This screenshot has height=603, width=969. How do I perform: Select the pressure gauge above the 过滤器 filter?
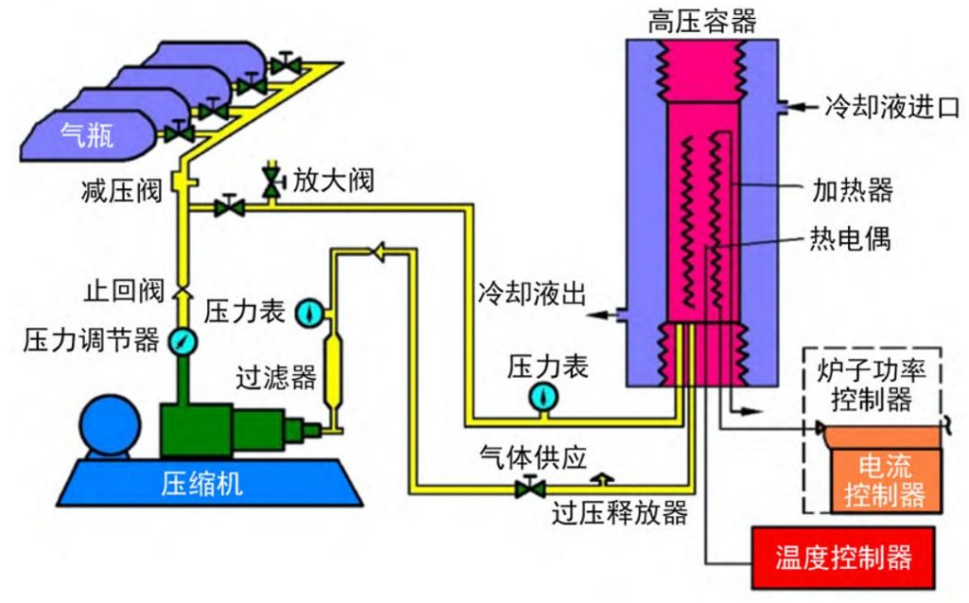click(309, 310)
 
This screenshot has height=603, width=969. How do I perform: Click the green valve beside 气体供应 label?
click(530, 488)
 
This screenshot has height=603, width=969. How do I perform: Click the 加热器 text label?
click(853, 190)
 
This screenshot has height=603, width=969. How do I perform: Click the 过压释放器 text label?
click(619, 513)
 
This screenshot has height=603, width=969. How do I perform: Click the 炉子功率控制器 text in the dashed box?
click(871, 384)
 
